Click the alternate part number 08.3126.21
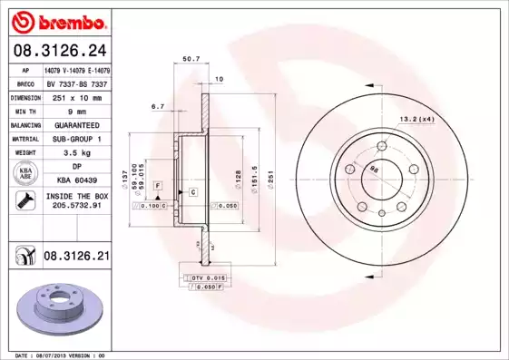[x=76, y=258]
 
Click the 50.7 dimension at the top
[x=191, y=60]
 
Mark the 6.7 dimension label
[x=157, y=106]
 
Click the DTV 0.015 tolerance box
[x=205, y=276]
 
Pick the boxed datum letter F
[x=158, y=185]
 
